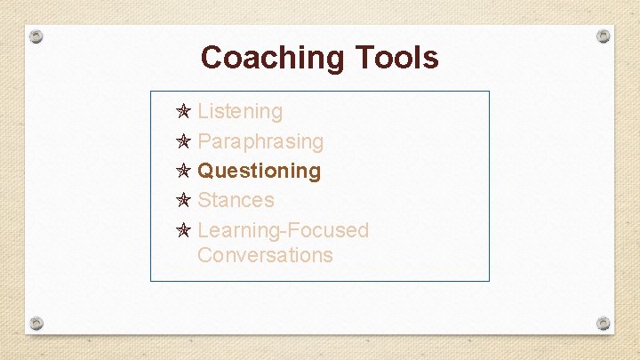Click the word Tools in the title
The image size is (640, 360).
click(397, 58)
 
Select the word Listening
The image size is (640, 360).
click(240, 111)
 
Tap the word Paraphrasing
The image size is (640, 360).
click(260, 141)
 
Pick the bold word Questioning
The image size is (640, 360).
click(260, 171)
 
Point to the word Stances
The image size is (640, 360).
click(236, 200)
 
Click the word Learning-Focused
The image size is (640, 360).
click(283, 230)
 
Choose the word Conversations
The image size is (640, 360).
click(265, 255)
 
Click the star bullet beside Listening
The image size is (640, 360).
click(183, 112)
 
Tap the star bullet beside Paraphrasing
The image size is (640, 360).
click(183, 141)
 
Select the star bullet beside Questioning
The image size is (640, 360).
click(183, 171)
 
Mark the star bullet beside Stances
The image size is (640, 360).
click(183, 200)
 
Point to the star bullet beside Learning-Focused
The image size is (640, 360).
click(183, 230)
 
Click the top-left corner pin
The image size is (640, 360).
click(36, 37)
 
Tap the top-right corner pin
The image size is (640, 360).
click(604, 36)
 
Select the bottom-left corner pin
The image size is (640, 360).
click(36, 322)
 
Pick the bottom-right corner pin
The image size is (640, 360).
click(604, 322)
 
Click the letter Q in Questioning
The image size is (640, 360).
click(206, 171)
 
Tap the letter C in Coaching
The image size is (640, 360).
click(212, 58)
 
